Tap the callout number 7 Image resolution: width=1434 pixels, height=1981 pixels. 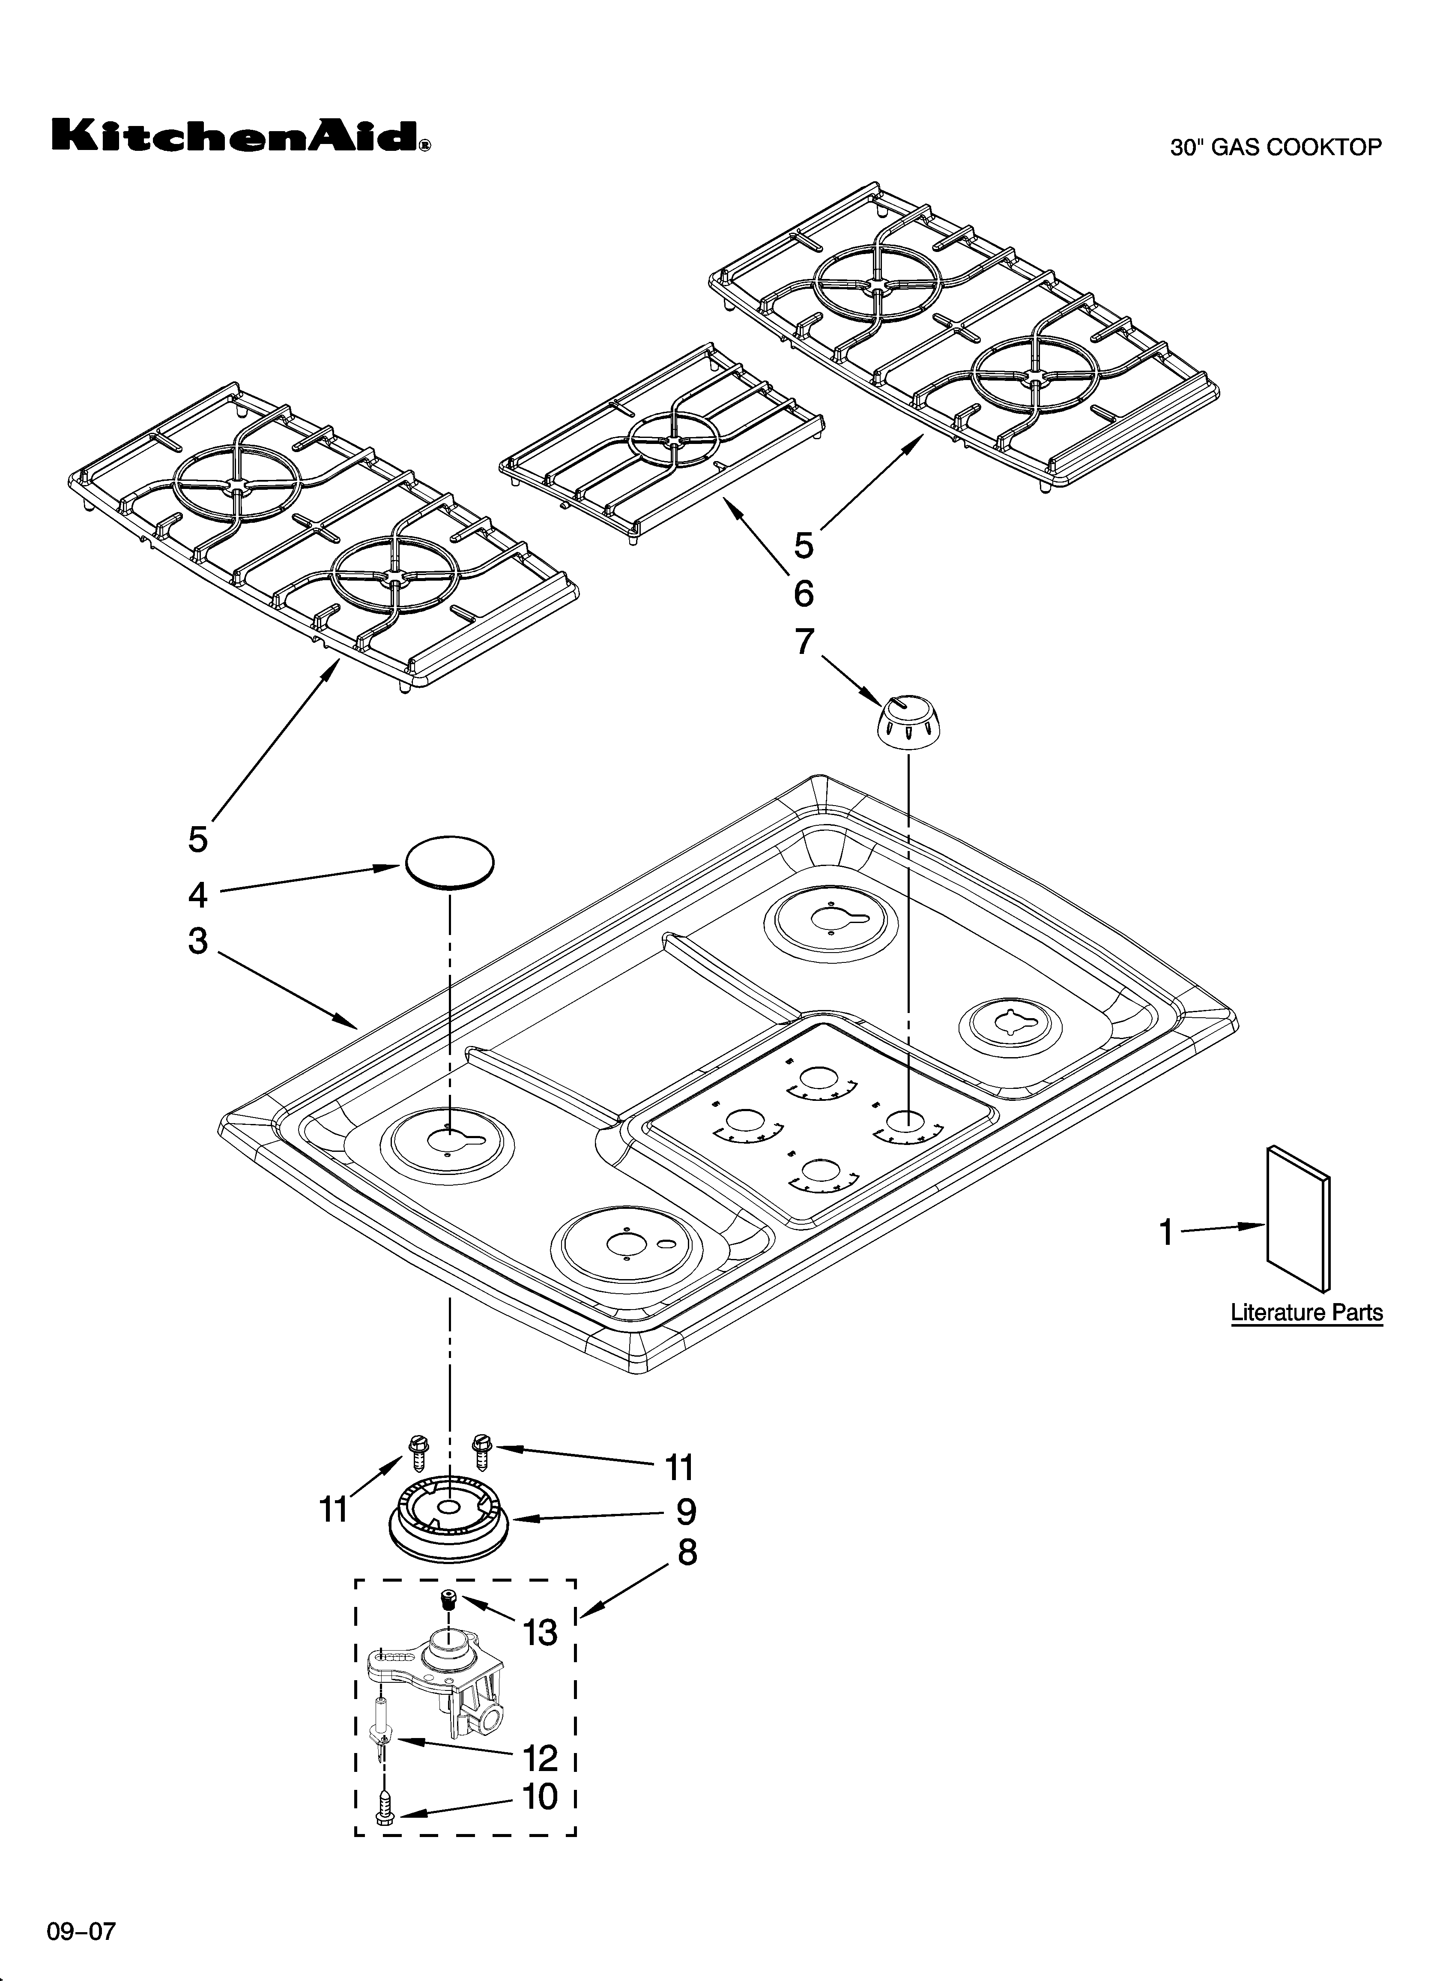pos(804,642)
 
